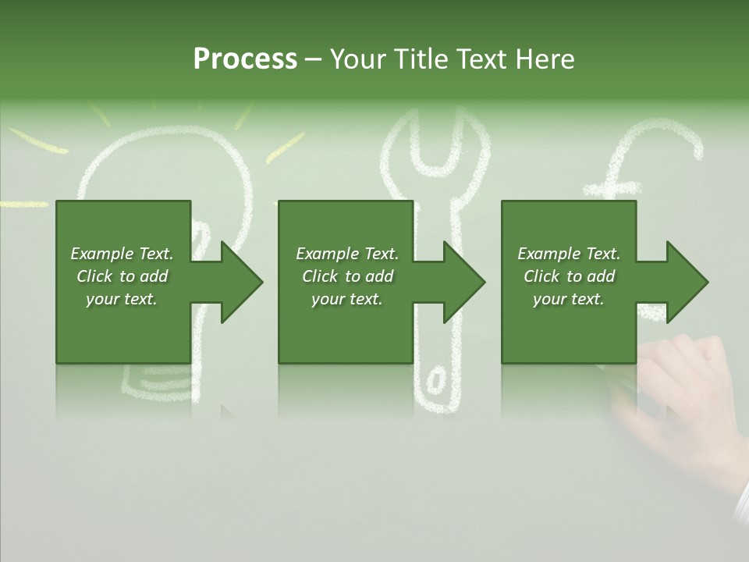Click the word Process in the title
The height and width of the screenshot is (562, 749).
[245, 59]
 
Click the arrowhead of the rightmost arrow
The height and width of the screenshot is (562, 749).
[684, 282]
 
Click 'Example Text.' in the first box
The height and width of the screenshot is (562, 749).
[122, 254]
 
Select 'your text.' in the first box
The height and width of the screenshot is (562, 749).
[122, 299]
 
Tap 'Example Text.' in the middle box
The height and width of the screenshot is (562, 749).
[347, 254]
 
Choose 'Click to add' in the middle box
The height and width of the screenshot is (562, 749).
[347, 276]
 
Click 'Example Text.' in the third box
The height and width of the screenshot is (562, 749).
[569, 254]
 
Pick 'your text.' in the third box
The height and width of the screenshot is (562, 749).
[569, 299]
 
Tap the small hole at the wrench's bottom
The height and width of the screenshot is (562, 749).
[435, 382]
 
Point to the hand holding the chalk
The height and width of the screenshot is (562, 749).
[687, 390]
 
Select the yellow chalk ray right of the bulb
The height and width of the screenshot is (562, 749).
[285, 148]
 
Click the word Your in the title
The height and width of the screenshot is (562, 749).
[359, 59]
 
